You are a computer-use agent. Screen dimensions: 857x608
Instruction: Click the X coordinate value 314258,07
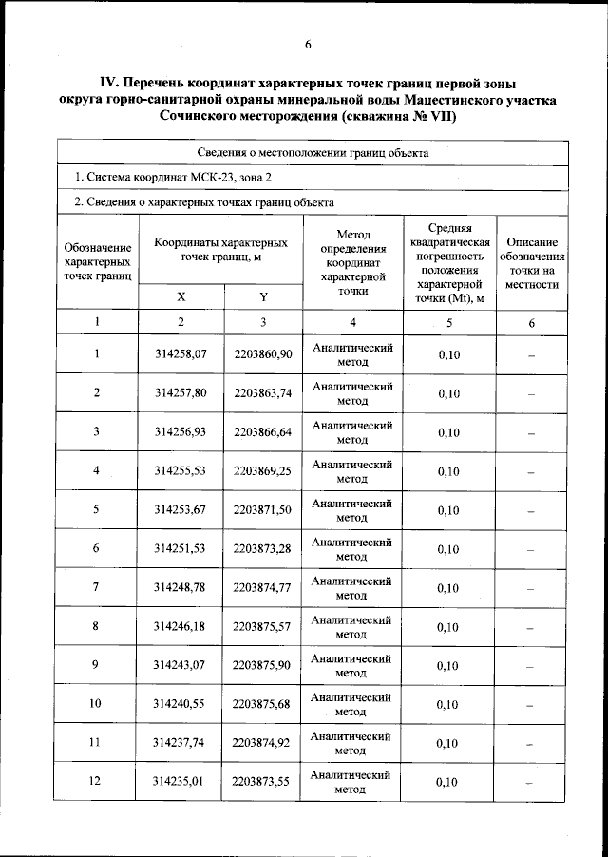180,354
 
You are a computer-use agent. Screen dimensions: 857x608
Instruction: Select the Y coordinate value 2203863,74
263,393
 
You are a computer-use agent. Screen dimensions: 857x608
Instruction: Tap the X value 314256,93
180,432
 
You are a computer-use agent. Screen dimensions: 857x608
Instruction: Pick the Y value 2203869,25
263,471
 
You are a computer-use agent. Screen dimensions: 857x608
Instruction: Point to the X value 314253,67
180,510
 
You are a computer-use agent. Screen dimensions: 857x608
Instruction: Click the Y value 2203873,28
263,549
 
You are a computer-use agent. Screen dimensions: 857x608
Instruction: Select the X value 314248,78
180,588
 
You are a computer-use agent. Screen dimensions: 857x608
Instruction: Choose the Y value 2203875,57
263,627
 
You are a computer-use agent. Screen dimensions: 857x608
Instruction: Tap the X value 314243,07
180,665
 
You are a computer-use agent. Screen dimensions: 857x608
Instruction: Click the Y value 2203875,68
263,705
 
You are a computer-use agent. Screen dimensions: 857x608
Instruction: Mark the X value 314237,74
180,744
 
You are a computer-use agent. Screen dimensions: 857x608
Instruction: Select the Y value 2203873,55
263,783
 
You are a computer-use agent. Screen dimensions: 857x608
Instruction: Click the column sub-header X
180,296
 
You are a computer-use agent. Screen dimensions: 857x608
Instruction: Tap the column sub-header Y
263,296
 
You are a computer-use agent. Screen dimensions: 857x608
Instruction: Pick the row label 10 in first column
96,705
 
